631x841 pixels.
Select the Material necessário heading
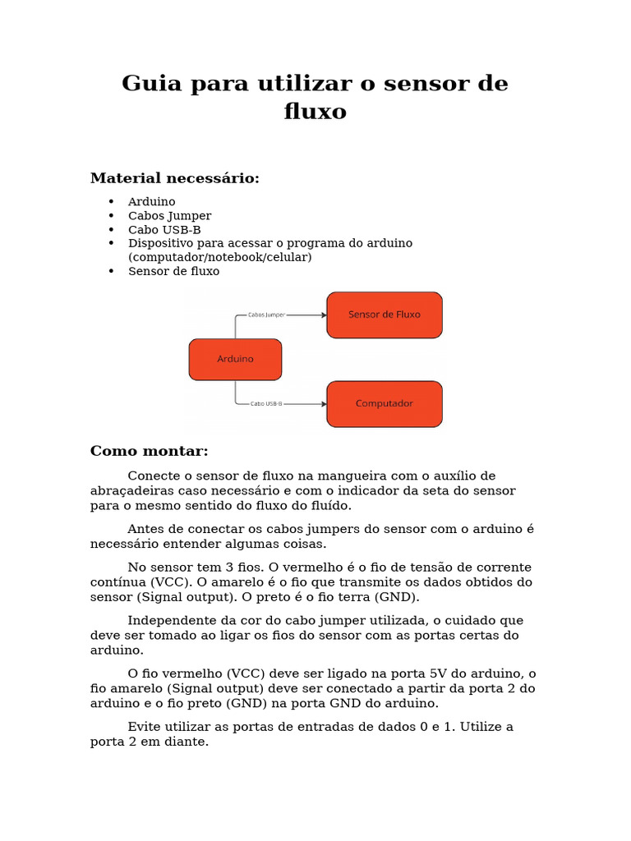tap(174, 178)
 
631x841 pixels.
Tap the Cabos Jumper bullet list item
tap(169, 216)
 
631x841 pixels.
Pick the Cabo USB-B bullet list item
tap(164, 230)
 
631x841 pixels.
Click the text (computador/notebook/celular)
tap(219, 257)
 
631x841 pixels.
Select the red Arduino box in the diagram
tap(235, 360)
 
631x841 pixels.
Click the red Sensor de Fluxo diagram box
tap(384, 315)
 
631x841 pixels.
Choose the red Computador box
tap(384, 404)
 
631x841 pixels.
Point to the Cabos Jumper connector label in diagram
tap(268, 315)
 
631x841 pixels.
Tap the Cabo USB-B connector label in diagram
tap(266, 404)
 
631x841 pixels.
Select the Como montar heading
tap(149, 451)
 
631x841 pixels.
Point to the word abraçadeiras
tap(129, 491)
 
